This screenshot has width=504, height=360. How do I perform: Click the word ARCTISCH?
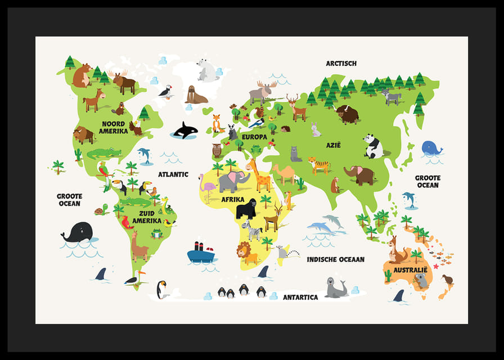coord(341,64)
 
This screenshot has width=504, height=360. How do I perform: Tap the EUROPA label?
coord(254,137)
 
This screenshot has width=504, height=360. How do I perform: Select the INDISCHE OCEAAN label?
coord(335,259)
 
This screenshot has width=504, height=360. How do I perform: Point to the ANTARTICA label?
coord(300,297)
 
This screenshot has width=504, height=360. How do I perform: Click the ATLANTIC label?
coord(173,174)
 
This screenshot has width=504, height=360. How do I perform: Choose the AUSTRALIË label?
coord(410,270)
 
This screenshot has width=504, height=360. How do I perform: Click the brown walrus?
coord(196,96)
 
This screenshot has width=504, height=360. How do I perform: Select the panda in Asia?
coord(372,146)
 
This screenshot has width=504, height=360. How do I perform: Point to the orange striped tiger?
coord(319,165)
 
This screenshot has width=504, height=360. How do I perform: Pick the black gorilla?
coord(246,209)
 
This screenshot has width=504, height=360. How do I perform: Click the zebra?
coord(252,230)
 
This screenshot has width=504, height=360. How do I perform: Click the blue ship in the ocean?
coord(201,254)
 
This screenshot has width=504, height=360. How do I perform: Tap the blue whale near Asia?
coord(431,148)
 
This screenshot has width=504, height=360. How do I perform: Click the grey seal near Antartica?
coord(336,288)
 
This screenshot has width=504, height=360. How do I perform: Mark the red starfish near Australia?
coord(435,265)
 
